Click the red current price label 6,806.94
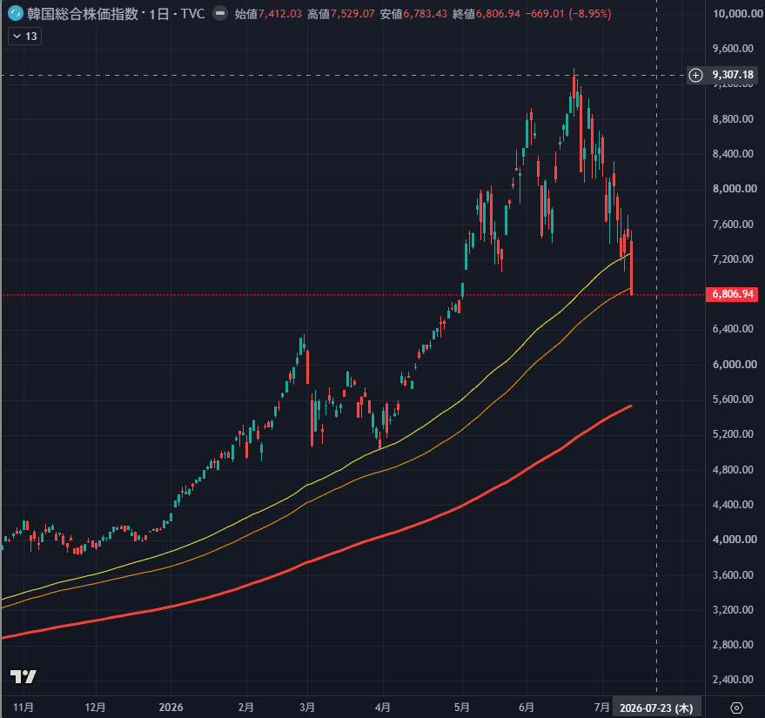point(732,294)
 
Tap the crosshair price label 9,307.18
point(733,75)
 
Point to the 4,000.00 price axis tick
point(735,540)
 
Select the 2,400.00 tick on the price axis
point(734,680)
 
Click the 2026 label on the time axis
point(171,708)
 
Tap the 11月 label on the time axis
point(23,708)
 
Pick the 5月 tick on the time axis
point(461,708)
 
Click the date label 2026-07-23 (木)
point(656,708)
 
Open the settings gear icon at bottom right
point(736,708)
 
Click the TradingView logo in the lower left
point(23,676)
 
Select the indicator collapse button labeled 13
point(25,36)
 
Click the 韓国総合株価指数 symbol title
point(83,14)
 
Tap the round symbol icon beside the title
point(16,13)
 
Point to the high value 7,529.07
point(352,14)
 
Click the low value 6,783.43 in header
point(425,14)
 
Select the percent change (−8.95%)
point(590,14)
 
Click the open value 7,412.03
point(280,14)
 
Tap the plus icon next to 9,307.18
point(695,75)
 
